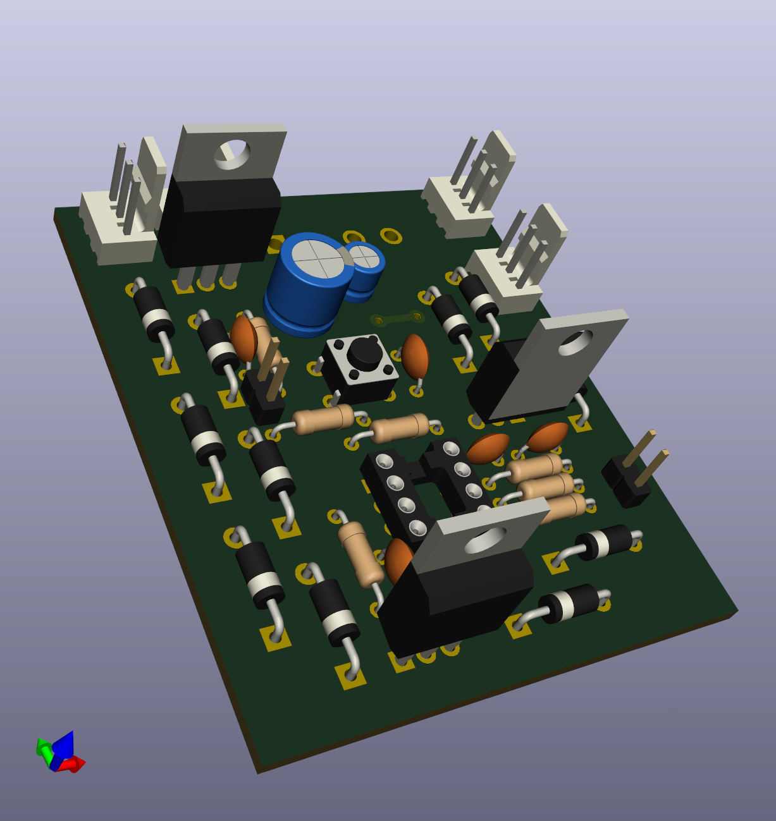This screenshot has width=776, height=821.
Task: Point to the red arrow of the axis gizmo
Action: (x=75, y=764)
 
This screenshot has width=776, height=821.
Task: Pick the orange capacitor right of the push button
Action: (x=416, y=357)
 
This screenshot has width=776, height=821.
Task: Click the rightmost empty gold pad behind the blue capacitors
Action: (x=391, y=236)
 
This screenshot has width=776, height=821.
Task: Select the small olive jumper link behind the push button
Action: (x=397, y=318)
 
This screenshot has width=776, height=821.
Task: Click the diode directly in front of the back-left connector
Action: (x=154, y=314)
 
